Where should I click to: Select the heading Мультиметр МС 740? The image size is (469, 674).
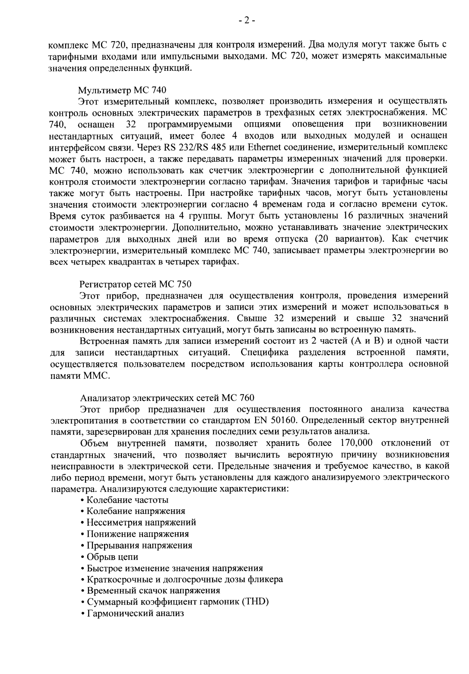(122, 90)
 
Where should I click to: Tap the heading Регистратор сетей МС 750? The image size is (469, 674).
(135, 284)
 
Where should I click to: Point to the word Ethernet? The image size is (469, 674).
(257, 146)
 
